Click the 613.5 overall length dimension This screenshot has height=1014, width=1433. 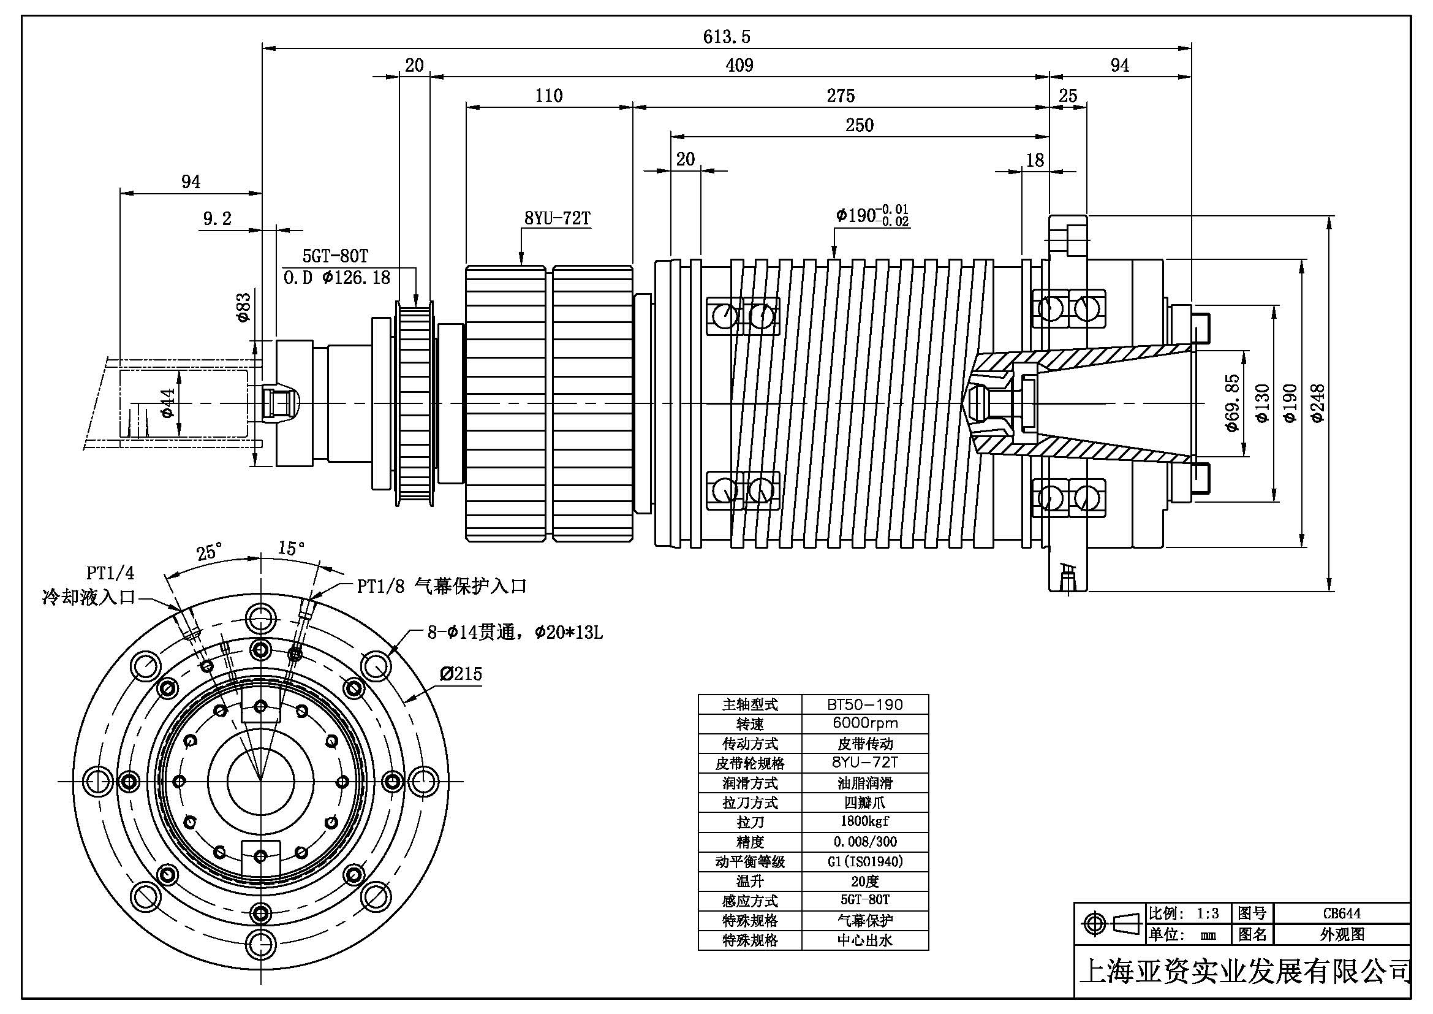pyautogui.click(x=727, y=37)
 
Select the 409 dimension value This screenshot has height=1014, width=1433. pyautogui.click(x=739, y=65)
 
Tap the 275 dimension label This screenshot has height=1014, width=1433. pyautogui.click(x=841, y=96)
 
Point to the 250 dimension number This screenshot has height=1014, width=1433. pyautogui.click(x=860, y=125)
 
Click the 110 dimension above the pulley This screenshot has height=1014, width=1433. pyautogui.click(x=548, y=96)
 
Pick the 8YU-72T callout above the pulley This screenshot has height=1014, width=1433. pyautogui.click(x=557, y=218)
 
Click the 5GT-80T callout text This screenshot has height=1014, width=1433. pyautogui.click(x=335, y=256)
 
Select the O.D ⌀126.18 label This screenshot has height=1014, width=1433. pyautogui.click(x=337, y=278)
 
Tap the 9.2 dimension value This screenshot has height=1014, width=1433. pyautogui.click(x=217, y=218)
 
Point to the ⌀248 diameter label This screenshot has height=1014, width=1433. pyautogui.click(x=1318, y=403)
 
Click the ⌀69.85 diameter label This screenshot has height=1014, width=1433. pyautogui.click(x=1231, y=403)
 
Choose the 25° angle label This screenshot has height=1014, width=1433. pyautogui.click(x=208, y=552)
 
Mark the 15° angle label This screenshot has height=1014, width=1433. pyautogui.click(x=291, y=548)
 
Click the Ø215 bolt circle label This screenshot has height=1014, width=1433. pyautogui.click(x=461, y=674)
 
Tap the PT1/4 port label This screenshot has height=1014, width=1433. pyautogui.click(x=110, y=573)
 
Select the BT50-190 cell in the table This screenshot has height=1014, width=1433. pyautogui.click(x=864, y=704)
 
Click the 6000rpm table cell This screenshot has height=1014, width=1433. pyautogui.click(x=864, y=723)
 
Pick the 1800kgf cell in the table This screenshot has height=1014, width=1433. pyautogui.click(x=864, y=821)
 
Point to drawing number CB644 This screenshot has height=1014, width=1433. pyautogui.click(x=1341, y=913)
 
